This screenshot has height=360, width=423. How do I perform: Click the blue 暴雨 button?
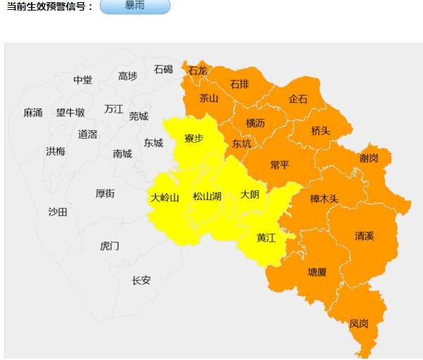pyautogui.click(x=135, y=6)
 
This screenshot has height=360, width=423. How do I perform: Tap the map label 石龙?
pyautogui.click(x=198, y=70)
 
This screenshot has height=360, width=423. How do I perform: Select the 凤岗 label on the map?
pyautogui.click(x=358, y=324)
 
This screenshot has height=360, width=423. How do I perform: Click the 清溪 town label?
pyautogui.click(x=365, y=236)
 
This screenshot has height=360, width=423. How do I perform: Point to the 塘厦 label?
pyautogui.click(x=317, y=272)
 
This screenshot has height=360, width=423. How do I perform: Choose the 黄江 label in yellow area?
pyautogui.click(x=266, y=238)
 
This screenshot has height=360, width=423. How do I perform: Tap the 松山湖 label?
pyautogui.click(x=207, y=197)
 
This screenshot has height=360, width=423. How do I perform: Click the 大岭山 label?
pyautogui.click(x=165, y=197)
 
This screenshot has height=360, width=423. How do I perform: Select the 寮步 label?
pyautogui.click(x=194, y=138)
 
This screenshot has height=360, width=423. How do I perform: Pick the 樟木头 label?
pyautogui.click(x=324, y=199)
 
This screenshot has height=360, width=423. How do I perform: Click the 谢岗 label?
pyautogui.click(x=369, y=159)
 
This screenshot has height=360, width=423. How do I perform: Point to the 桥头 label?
pyautogui.click(x=320, y=131)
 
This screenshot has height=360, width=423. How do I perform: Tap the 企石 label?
pyautogui.click(x=298, y=99)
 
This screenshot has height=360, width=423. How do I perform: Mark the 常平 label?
pyautogui.click(x=279, y=165)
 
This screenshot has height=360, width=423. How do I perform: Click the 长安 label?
pyautogui.click(x=141, y=280)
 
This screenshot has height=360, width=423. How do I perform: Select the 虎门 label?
pyautogui.click(x=110, y=246)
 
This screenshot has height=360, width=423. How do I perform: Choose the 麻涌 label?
pyautogui.click(x=33, y=113)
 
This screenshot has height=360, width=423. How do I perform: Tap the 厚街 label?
pyautogui.click(x=105, y=194)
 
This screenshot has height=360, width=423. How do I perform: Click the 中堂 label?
pyautogui.click(x=82, y=80)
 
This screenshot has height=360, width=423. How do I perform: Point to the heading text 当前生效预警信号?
pyautogui.click(x=49, y=6)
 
